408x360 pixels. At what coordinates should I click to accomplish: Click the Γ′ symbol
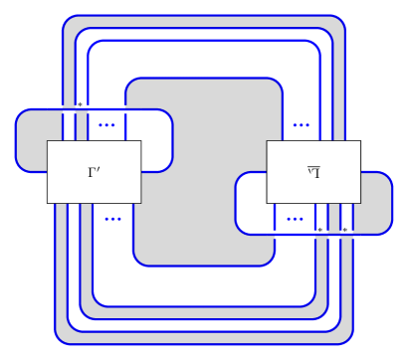click(94, 172)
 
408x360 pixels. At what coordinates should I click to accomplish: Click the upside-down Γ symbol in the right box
click(313, 172)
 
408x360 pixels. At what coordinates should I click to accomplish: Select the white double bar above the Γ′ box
click(94, 108)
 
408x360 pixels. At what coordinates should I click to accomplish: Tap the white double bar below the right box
click(313, 235)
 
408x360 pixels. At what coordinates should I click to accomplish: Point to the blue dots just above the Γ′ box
click(106, 125)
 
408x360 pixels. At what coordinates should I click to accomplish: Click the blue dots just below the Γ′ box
click(112, 219)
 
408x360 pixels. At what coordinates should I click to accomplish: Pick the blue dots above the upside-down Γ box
click(301, 125)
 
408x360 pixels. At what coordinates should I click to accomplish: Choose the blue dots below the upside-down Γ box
click(295, 219)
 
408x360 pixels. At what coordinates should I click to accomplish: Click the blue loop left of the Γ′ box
click(17, 140)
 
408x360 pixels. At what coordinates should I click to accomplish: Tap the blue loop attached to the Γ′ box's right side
click(171, 140)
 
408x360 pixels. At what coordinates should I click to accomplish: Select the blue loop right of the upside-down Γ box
click(392, 203)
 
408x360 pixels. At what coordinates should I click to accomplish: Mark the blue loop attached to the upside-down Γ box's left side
click(237, 203)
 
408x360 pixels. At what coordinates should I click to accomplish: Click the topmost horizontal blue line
click(204, 16)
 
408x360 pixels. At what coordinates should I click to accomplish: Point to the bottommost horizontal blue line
click(204, 344)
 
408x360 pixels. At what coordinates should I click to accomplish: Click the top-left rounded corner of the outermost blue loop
click(66, 20)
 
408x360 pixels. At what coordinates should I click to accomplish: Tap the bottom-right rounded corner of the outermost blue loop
click(349, 339)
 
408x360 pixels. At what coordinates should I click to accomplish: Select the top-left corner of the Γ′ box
click(49, 142)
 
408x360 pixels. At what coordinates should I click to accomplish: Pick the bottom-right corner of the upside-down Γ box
click(358, 201)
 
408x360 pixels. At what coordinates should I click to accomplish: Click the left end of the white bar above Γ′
click(49, 108)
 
